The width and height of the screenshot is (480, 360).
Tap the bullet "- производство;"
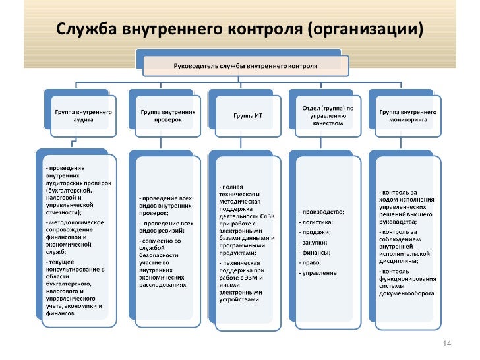tap(321, 212)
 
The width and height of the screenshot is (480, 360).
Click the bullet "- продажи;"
tap(315, 232)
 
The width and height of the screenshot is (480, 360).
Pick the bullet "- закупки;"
tap(315, 242)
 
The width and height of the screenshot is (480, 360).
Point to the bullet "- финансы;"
tap(315, 253)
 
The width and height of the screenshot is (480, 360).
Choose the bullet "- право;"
tap(311, 262)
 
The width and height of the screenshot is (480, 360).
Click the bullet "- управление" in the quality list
tap(318, 273)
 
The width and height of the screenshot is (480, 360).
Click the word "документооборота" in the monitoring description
tap(406, 293)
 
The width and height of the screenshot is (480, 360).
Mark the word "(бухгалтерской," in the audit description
tap(65, 190)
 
